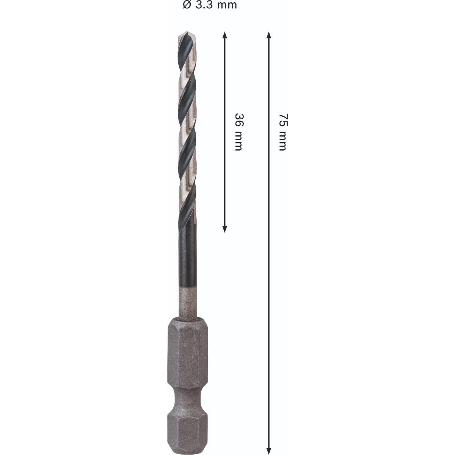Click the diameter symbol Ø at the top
click(186, 5)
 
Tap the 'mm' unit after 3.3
click(226, 5)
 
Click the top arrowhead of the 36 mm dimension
click(224, 35)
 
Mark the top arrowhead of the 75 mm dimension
click(269, 35)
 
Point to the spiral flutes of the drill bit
click(187, 133)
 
